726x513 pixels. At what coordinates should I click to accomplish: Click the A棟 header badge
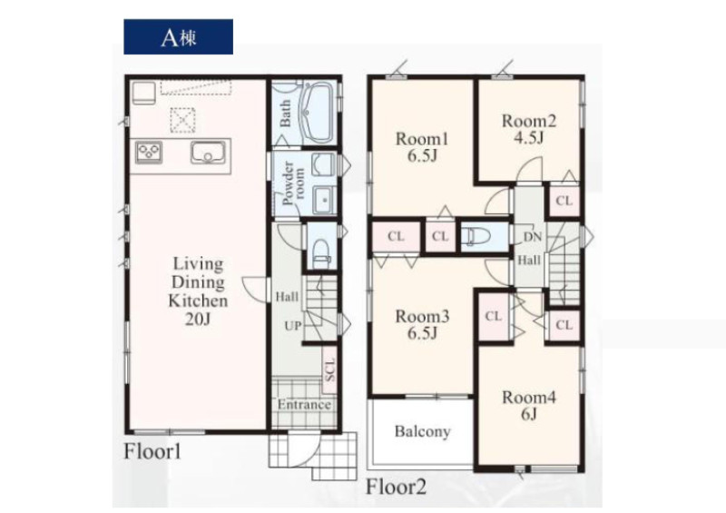pos(178,36)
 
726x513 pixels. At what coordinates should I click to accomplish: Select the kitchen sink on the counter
pos(208,153)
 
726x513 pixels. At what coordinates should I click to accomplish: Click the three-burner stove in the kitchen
pos(149,153)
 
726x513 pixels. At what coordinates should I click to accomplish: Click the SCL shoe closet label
pos(329,370)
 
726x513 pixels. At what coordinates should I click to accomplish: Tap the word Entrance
pos(304,405)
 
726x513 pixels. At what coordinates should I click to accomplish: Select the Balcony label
pos(422,432)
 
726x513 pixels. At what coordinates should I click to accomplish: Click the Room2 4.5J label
pos(529,129)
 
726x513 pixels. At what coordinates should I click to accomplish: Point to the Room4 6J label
pos(529,406)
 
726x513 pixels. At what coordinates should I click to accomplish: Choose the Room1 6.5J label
pos(422,147)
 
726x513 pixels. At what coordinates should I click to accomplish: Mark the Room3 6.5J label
pos(422,324)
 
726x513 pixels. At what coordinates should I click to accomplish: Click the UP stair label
pos(292,326)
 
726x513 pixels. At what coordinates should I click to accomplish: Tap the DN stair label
pos(532,237)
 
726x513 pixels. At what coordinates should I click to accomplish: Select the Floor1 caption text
pos(152,451)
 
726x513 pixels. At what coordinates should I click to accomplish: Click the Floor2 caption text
pos(396,487)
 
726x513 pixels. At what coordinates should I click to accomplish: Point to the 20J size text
pos(198,320)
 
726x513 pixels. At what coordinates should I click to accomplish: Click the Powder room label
pos(293,183)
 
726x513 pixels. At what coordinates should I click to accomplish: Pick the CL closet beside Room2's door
pos(564,202)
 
